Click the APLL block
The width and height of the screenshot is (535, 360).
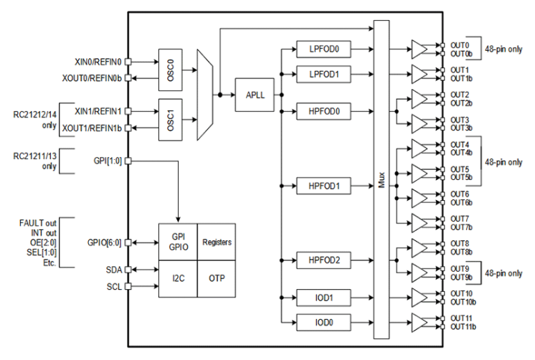click(x=255, y=96)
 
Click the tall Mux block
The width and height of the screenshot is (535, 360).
click(x=382, y=179)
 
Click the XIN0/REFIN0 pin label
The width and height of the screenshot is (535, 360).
click(x=98, y=62)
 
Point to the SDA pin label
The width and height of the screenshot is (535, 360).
click(x=113, y=270)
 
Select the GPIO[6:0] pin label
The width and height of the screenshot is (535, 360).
click(x=104, y=243)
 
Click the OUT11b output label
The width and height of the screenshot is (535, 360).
click(x=463, y=327)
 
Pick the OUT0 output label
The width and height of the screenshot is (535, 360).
click(x=460, y=45)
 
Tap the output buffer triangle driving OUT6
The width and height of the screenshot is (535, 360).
click(x=420, y=198)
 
